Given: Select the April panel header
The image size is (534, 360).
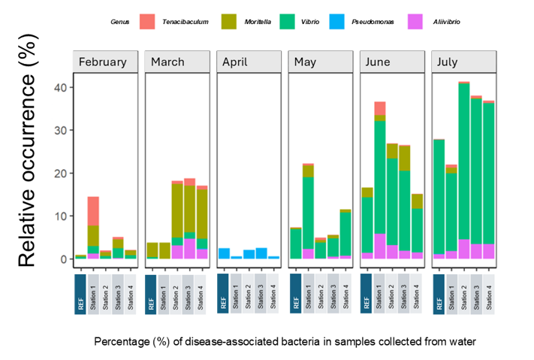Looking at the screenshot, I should point(249,62).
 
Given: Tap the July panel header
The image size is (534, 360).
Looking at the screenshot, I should point(464,62).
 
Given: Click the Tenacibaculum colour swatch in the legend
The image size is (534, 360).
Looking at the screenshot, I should point(147,21).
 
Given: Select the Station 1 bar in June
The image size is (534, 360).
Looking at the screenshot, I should point(380,180).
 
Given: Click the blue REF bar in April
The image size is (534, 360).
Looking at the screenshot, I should point(224,253).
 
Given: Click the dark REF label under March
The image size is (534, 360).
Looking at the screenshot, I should point(152,293).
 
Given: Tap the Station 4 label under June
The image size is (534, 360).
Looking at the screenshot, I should point(417,293).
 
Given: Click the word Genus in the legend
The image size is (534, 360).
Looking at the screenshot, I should point(119,21).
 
